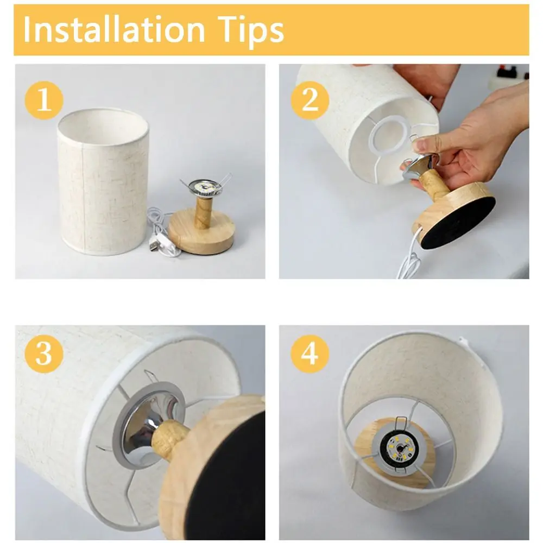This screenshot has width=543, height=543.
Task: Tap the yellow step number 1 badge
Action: click(x=44, y=100)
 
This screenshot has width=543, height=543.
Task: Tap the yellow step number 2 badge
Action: click(x=310, y=100)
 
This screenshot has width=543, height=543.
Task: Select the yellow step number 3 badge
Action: click(x=44, y=353)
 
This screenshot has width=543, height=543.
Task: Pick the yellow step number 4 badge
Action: click(x=310, y=353)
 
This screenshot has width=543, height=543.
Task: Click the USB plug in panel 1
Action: click(x=154, y=244)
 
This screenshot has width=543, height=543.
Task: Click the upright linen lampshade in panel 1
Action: click(x=103, y=181)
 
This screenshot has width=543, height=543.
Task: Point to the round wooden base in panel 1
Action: click(x=201, y=231)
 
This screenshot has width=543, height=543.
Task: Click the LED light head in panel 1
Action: click(x=205, y=187)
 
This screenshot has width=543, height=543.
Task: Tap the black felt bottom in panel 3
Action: click(x=227, y=478)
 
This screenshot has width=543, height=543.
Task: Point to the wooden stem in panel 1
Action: click(x=202, y=212)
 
